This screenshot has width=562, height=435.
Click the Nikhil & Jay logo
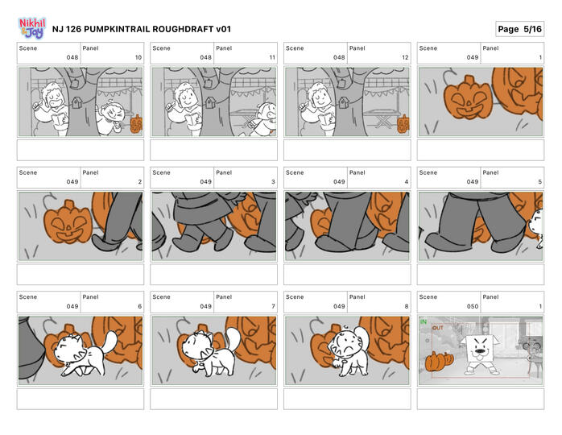32,28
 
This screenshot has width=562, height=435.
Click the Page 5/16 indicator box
519,29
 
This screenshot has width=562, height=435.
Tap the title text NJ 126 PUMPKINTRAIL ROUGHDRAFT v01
142,29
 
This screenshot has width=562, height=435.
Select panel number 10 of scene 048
138,57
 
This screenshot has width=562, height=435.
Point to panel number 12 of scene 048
405,57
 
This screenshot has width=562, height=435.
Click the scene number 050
473,306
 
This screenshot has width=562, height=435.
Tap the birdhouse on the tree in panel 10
76,103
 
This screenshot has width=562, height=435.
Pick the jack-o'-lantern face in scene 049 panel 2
68,222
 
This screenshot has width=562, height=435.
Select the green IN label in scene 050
424,321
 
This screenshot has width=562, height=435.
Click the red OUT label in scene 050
438,328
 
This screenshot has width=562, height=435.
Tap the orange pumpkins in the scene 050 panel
439,361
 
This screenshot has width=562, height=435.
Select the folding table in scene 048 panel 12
382,118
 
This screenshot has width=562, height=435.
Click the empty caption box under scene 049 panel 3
213,275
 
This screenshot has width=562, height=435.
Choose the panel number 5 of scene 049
539,182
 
